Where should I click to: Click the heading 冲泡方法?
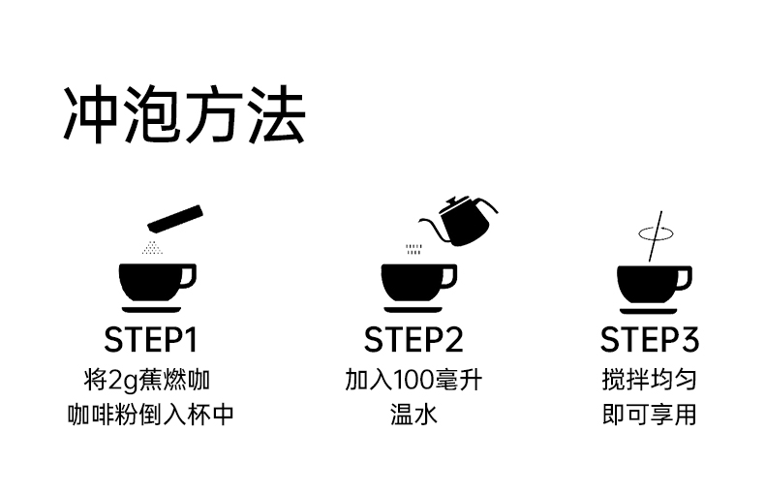pos(184,114)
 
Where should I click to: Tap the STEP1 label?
pos(151,340)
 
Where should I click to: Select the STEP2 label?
pos(413,340)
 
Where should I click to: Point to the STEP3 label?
pos(650,340)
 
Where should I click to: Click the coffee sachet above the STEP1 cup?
pos(175,219)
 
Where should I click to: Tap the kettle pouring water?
pos(459,221)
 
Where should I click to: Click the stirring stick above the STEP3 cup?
pos(656,236)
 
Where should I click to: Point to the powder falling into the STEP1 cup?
pos(152,247)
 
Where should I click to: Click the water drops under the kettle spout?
pos(413,250)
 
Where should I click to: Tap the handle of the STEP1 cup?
pos(188,277)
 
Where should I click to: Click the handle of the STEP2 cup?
pos(449,277)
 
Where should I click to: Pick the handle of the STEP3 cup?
pos(684,279)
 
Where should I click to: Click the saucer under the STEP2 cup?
pos(413,310)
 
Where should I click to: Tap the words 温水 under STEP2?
pos(413,415)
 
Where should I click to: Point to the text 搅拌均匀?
pos(649,380)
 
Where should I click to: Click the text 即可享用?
pos(649,415)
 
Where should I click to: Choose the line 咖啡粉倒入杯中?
pos(151,415)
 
